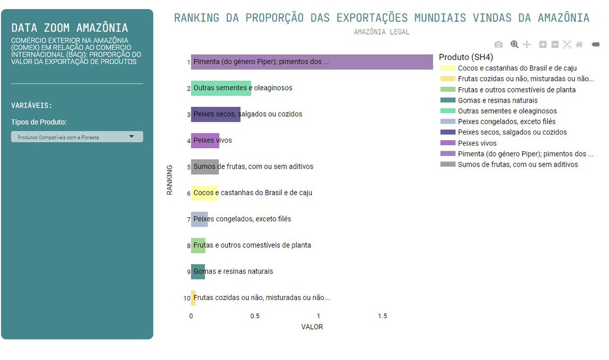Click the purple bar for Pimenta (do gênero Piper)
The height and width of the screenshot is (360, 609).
312,62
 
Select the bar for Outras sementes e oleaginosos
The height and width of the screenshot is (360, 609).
221,88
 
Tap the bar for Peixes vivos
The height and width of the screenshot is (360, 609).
205,140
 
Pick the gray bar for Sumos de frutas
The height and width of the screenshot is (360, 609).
205,167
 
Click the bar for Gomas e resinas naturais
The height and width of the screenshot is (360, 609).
198,272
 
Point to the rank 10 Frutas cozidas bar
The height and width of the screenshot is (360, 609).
193,298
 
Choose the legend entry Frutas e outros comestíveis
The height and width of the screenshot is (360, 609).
517,90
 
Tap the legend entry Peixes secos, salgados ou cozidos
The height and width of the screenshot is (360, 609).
512,133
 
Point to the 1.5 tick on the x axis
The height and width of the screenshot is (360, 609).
382,316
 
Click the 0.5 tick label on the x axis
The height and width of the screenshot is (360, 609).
255,316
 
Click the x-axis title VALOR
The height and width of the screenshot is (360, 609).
312,327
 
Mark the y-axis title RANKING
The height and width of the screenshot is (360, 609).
170,180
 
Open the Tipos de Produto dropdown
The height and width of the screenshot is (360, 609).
77,137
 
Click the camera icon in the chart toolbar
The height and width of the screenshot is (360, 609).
498,45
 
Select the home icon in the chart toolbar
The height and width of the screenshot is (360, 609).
579,45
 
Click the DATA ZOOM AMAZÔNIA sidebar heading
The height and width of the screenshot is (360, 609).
70,28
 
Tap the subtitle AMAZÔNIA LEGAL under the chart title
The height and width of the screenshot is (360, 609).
382,32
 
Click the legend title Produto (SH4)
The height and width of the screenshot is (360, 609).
466,57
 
